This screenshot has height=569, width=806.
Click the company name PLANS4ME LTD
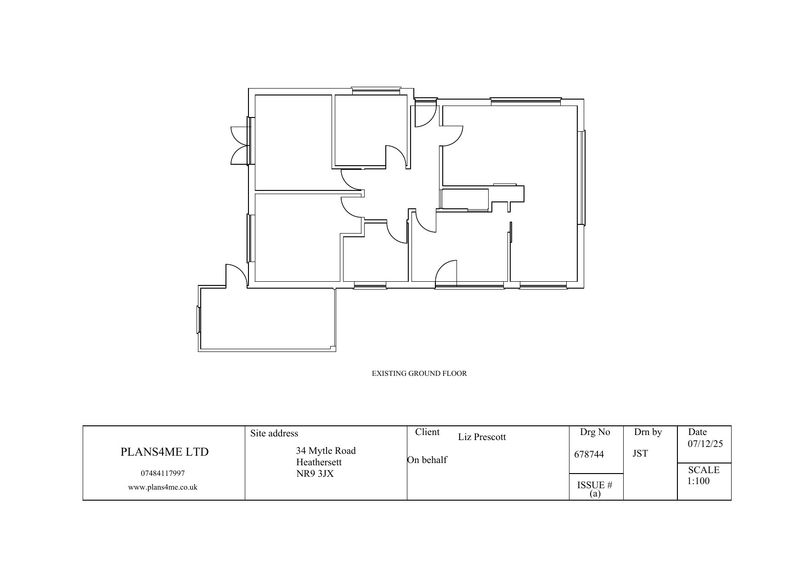164,452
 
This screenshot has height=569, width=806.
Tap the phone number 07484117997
163,474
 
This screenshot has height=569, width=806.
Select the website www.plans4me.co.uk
163,487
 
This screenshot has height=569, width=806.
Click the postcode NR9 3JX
315,474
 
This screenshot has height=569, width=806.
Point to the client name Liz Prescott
482,437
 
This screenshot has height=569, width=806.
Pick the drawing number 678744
589,454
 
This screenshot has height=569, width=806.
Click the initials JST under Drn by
640,454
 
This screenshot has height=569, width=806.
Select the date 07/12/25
705,444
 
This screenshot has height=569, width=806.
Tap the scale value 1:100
698,481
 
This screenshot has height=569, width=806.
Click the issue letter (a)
595,494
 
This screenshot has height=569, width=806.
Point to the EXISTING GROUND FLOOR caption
419,374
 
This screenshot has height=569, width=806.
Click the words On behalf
427,460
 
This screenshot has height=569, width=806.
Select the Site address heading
274,434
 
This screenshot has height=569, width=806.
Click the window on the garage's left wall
199,320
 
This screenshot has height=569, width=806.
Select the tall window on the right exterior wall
582,178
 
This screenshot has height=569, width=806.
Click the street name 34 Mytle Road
326,451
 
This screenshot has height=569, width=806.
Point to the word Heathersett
319,463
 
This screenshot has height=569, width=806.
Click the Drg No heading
595,432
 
